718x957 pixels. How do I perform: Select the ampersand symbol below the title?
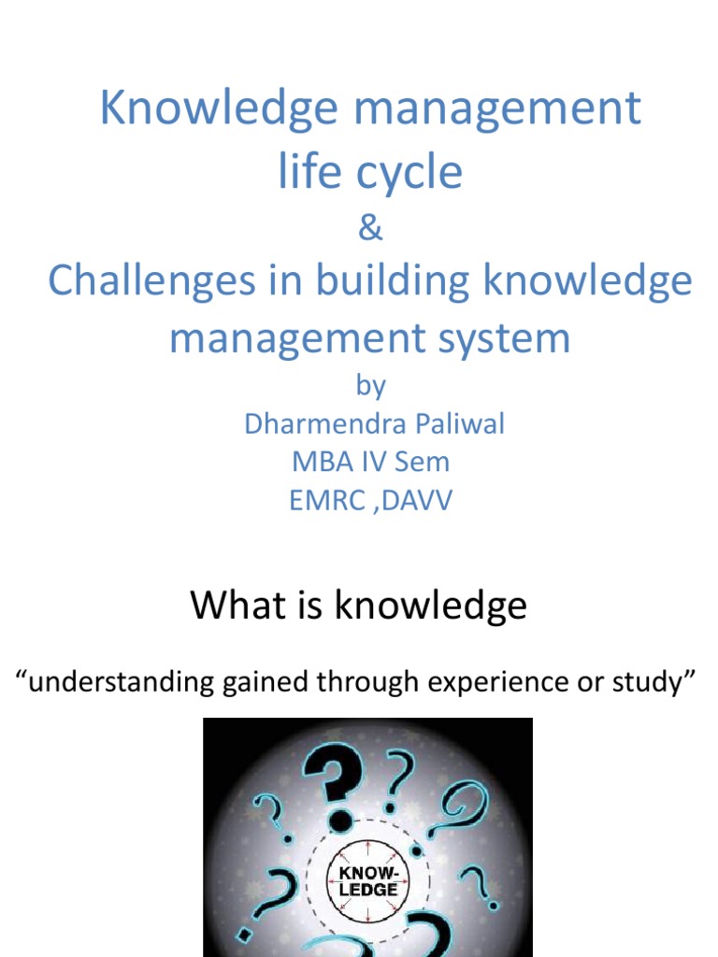point(370,230)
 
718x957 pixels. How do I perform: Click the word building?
point(359,281)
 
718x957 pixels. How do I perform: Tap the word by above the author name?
point(370,388)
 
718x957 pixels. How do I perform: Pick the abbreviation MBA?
point(318,462)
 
